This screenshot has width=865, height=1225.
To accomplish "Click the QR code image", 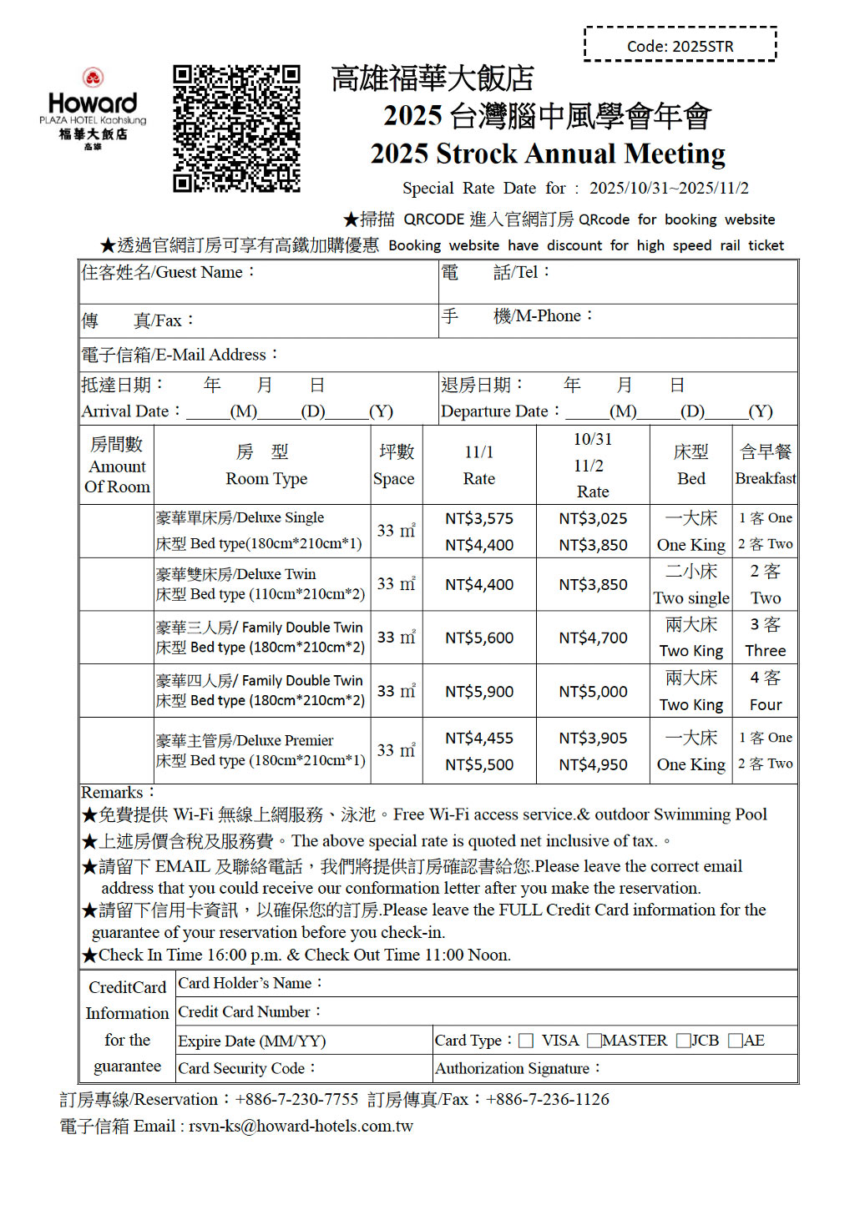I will click(x=236, y=129).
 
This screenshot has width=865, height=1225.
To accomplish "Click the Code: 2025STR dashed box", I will click(x=680, y=45).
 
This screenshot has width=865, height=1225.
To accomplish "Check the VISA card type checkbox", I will click(x=526, y=1041).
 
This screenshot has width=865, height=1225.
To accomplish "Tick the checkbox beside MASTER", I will click(x=594, y=1041).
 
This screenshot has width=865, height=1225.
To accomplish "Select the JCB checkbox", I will click(x=684, y=1041).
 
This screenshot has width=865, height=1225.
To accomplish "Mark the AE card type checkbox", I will click(x=736, y=1041).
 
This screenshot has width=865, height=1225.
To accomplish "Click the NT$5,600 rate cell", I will click(x=479, y=638).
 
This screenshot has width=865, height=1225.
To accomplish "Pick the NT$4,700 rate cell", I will click(x=593, y=638).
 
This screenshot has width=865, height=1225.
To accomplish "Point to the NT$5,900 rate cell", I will click(x=479, y=692).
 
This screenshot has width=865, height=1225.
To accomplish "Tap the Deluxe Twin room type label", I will click(x=236, y=574).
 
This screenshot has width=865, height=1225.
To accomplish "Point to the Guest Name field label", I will click(x=167, y=273).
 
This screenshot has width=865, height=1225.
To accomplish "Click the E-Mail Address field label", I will click(x=179, y=355).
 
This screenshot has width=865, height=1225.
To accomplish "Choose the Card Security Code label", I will click(x=247, y=1068).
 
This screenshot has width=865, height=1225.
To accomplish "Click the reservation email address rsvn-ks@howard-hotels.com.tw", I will click(x=301, y=1127).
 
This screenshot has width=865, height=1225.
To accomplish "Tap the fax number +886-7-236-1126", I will click(x=548, y=1100).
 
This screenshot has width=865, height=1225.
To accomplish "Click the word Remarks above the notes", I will click(x=113, y=793).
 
